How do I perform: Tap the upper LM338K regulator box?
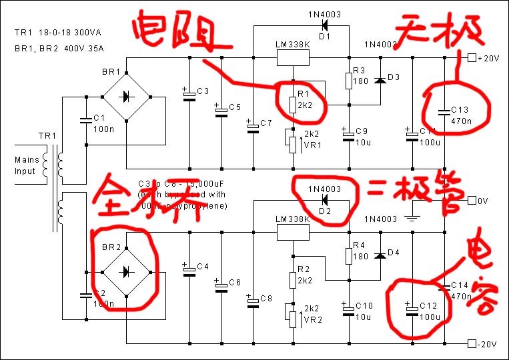[293, 58]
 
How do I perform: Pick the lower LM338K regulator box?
[293, 232]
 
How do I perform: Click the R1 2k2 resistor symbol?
[292, 105]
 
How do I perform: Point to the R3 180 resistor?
[348, 81]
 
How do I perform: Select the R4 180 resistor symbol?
[348, 256]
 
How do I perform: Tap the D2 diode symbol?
[325, 200]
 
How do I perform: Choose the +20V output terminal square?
[472, 58]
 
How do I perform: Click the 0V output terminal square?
[472, 200]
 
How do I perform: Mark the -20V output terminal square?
[472, 344]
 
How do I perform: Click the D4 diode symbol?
[380, 255]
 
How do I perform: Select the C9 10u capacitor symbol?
[348, 135]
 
